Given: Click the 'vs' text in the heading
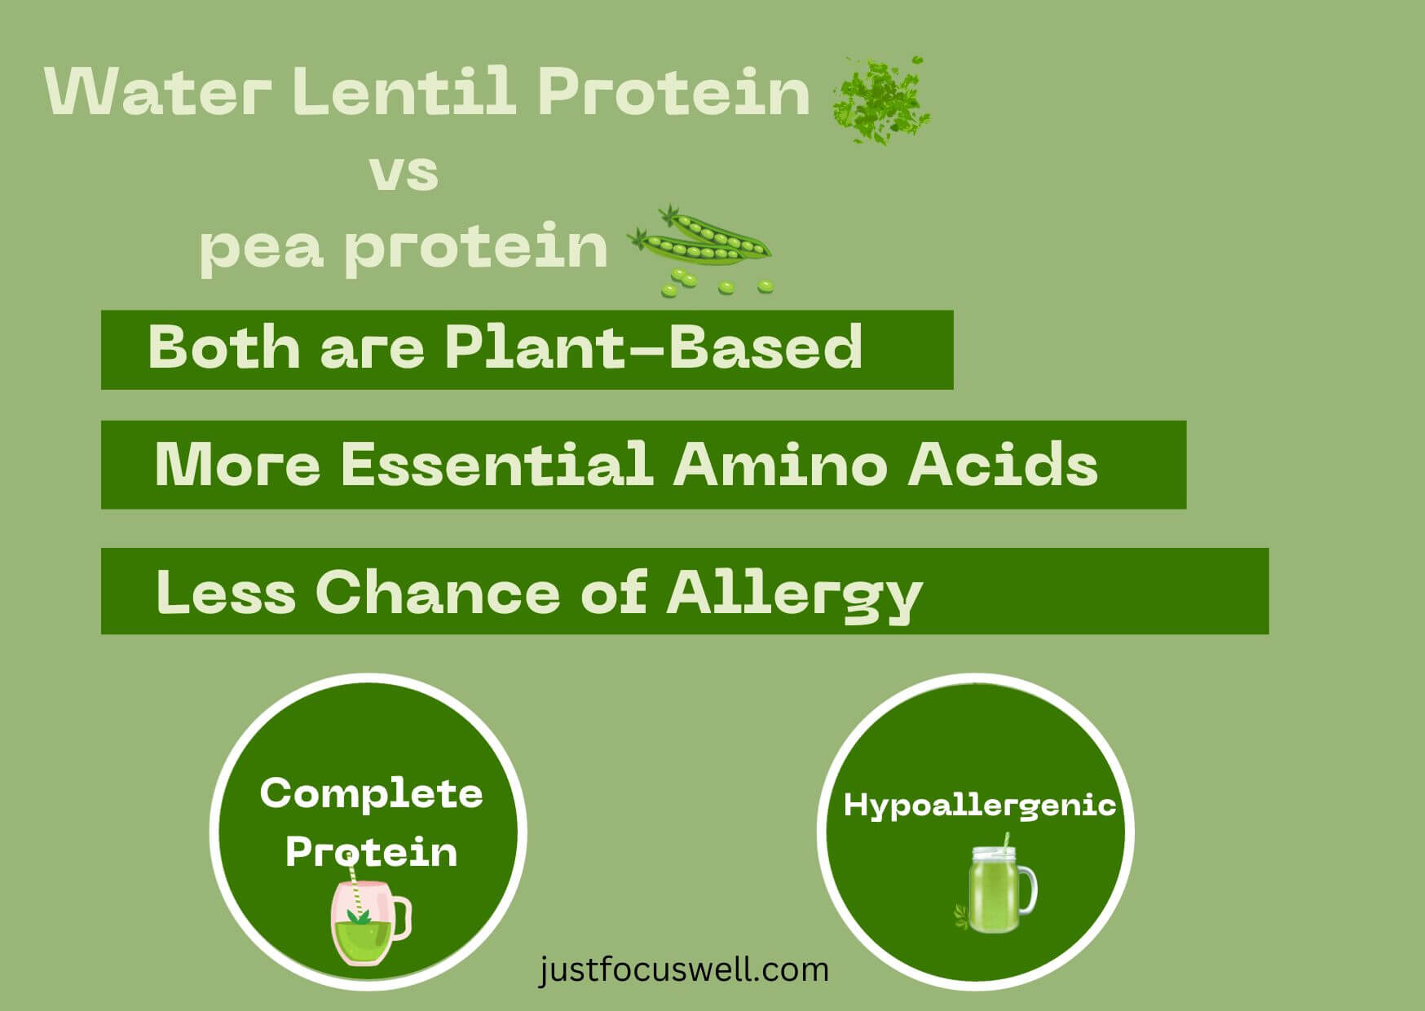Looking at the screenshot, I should coord(404,173).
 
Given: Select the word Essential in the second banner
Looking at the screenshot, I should coord(497,464).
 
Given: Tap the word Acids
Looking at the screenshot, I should coord(1003,464).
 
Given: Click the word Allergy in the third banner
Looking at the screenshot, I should coord(795,594).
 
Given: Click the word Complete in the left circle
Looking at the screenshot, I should coord(371,793).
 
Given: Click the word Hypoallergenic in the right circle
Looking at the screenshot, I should coord(979,806).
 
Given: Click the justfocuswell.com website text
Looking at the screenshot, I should coord(683,970).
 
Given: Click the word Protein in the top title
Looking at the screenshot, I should coord(673,91).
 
